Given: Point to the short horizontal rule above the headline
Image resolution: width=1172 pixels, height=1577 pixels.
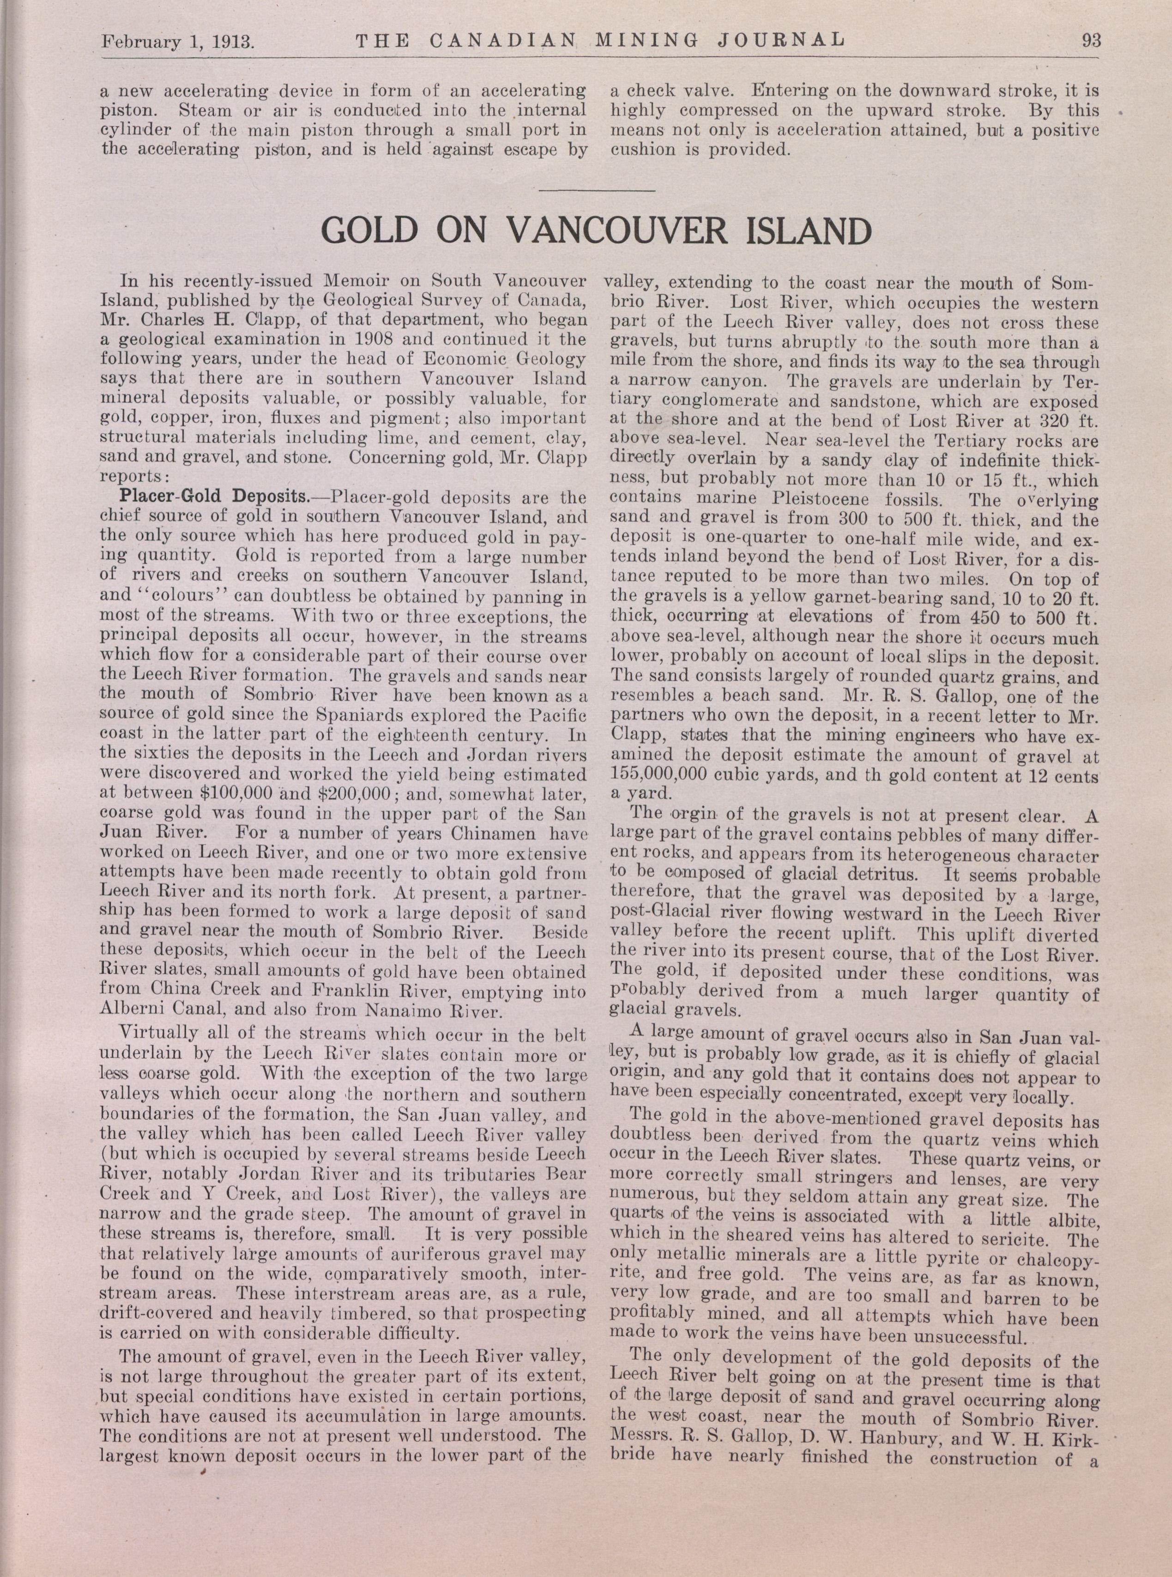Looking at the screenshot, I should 597,190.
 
